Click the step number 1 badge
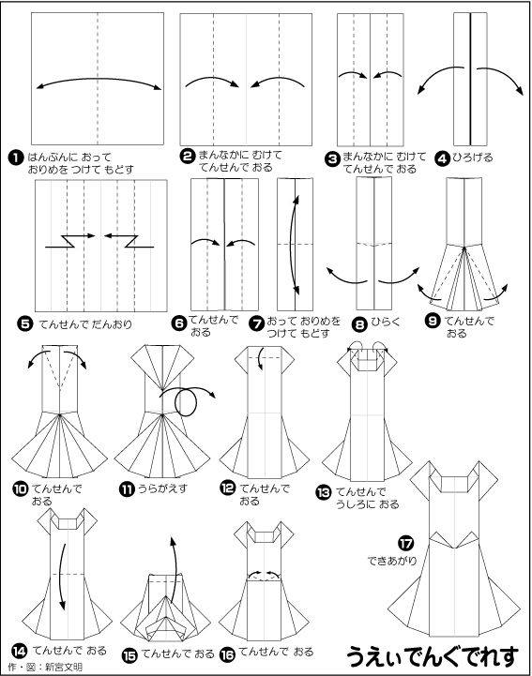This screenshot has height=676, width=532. pyautogui.click(x=16, y=158)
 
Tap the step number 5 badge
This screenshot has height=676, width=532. pyautogui.click(x=25, y=323)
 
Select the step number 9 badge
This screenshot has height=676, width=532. pyautogui.click(x=433, y=322)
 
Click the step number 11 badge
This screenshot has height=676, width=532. pyautogui.click(x=127, y=489)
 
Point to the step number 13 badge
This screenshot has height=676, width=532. pyautogui.click(x=324, y=492)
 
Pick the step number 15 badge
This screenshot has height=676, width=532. pyautogui.click(x=129, y=655)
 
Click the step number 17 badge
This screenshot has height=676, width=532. pyautogui.click(x=405, y=543)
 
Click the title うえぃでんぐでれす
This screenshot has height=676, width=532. pyautogui.click(x=433, y=657)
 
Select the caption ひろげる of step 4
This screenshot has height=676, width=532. pyautogui.click(x=473, y=158)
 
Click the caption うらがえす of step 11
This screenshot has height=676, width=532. pyautogui.click(x=162, y=488)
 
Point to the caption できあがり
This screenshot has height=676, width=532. pyautogui.click(x=392, y=561)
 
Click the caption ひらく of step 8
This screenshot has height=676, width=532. pyautogui.click(x=386, y=322)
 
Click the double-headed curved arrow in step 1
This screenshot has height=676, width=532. pyautogui.click(x=99, y=80)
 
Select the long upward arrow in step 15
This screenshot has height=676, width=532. pyautogui.click(x=176, y=568)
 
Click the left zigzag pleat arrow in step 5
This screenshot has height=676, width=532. pyautogui.click(x=69, y=241)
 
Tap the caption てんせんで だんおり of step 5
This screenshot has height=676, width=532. pyautogui.click(x=85, y=324)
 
